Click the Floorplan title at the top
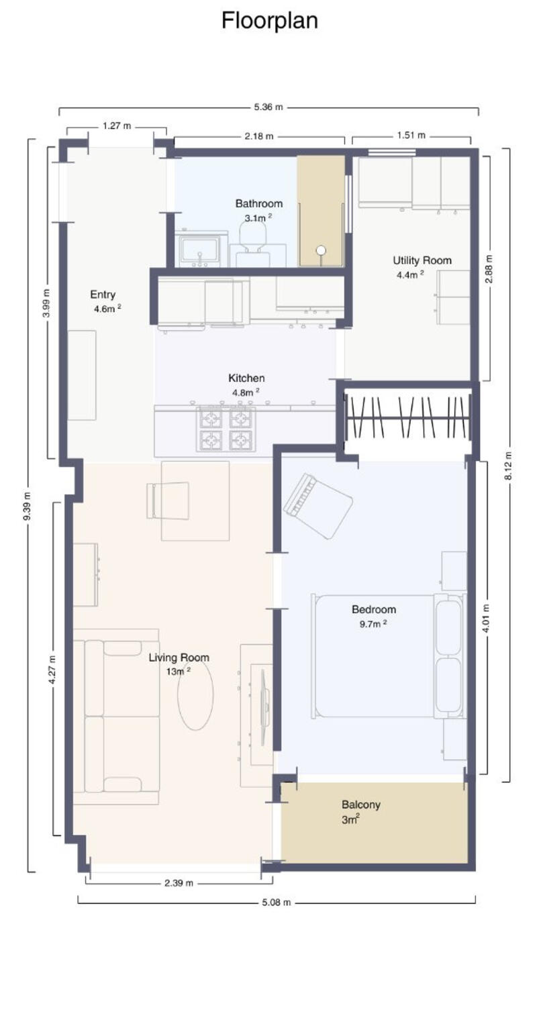(269, 21)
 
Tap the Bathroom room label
(258, 203)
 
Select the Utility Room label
(422, 260)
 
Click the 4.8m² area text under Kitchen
(246, 392)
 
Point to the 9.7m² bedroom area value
(373, 623)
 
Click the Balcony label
(360, 805)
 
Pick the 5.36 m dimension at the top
(268, 107)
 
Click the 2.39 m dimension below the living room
(179, 883)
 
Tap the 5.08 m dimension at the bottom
(276, 902)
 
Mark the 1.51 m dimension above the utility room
(411, 136)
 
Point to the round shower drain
(321, 250)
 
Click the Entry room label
(103, 295)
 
